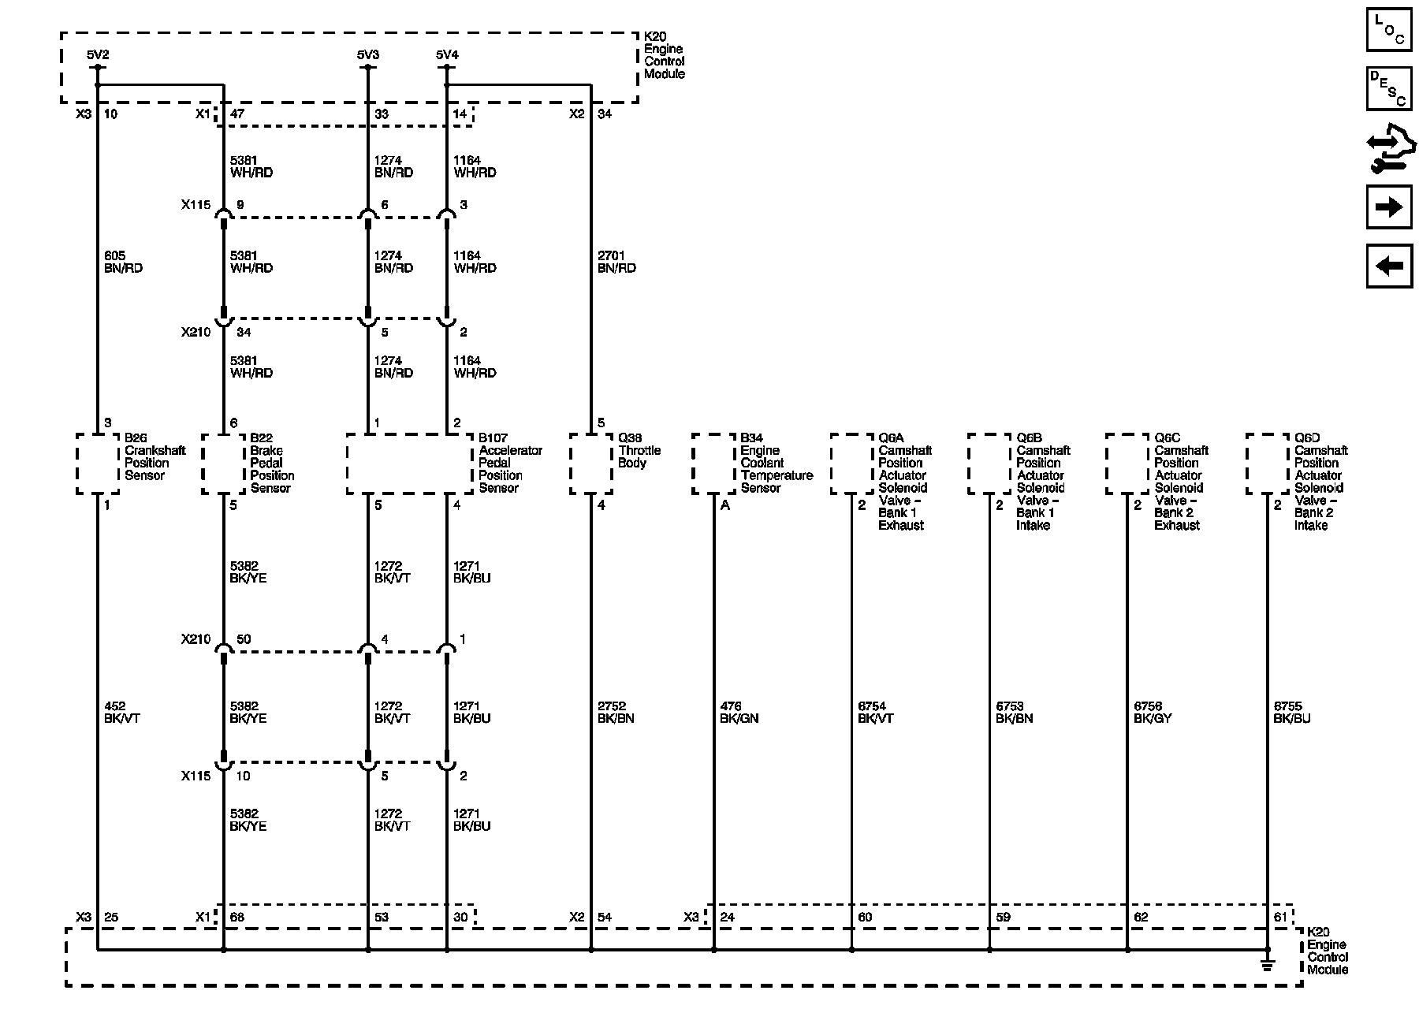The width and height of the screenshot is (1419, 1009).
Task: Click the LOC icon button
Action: (1388, 31)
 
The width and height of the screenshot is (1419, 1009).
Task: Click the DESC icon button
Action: (1388, 88)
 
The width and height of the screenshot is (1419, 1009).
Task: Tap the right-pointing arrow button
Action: (1388, 207)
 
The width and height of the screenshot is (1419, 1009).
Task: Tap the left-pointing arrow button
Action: (1388, 266)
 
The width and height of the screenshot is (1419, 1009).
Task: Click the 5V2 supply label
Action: (98, 54)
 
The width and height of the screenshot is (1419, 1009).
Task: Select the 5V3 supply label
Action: (367, 54)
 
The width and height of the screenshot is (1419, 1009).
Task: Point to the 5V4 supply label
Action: (446, 54)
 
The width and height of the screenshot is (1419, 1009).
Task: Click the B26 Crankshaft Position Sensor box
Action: (98, 464)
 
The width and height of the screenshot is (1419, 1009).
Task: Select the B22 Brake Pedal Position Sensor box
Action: (223, 464)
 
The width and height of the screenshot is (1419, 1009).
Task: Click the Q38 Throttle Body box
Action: (590, 464)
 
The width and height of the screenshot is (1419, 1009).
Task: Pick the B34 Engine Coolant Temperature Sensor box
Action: (713, 464)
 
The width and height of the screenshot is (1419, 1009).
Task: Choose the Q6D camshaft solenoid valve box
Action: (1267, 464)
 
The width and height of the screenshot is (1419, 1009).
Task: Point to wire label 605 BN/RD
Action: (123, 262)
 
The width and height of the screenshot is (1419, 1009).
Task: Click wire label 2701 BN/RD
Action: (616, 262)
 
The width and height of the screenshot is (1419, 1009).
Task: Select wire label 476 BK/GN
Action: (739, 713)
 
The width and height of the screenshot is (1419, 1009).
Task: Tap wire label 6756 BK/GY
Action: (1153, 713)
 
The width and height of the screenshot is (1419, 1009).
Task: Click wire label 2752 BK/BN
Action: (616, 713)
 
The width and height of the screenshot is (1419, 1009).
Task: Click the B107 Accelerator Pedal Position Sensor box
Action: (410, 464)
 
